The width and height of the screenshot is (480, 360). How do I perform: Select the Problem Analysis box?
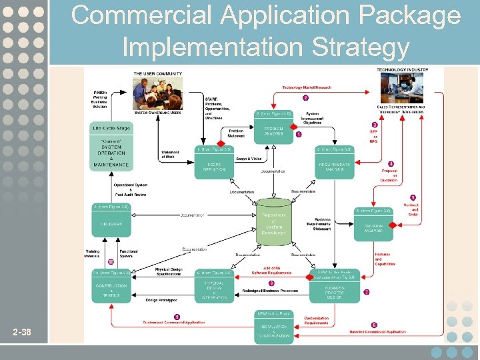click(x=273, y=130)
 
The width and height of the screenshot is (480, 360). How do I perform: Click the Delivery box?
click(x=111, y=224)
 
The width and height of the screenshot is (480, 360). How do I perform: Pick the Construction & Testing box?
click(x=111, y=289)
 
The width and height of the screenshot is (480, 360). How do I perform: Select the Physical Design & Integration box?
click(x=215, y=289)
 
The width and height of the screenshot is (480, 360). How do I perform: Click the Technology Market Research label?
click(x=307, y=88)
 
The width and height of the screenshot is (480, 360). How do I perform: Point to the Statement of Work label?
click(x=170, y=155)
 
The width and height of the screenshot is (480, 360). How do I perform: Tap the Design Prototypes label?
click(x=161, y=301)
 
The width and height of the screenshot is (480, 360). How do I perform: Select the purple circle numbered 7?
click(x=367, y=292)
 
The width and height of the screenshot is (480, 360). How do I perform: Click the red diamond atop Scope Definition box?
click(x=221, y=143)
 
